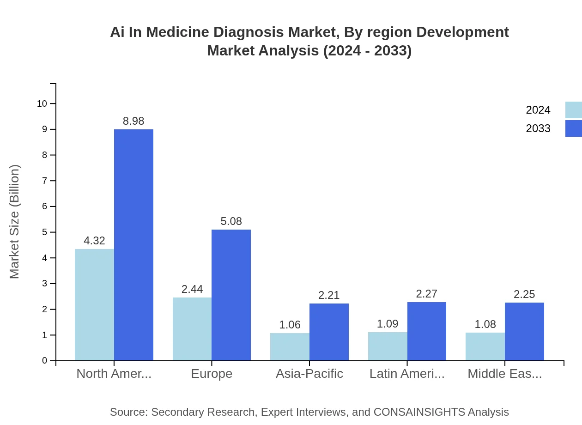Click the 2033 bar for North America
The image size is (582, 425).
pyautogui.click(x=133, y=245)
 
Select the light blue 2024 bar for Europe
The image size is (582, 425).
pyautogui.click(x=192, y=329)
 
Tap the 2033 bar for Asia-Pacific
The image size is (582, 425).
pyautogui.click(x=329, y=332)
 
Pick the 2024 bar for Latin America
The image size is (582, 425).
pyautogui.click(x=388, y=346)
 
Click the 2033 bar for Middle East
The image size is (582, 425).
pyautogui.click(x=524, y=331)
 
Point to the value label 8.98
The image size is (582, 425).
pyautogui.click(x=133, y=121)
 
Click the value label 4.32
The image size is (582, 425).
pyautogui.click(x=94, y=241)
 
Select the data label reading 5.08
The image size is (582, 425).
pyautogui.click(x=231, y=221)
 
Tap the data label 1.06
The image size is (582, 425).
pyautogui.click(x=290, y=325)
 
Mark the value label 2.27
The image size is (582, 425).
pyautogui.click(x=426, y=294)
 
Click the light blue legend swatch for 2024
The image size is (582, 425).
pyautogui.click(x=573, y=110)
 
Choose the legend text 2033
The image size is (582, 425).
pyautogui.click(x=538, y=128)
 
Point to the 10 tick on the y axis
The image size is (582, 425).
pyautogui.click(x=42, y=103)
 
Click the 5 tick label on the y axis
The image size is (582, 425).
pyautogui.click(x=45, y=232)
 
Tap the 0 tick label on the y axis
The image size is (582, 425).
pyautogui.click(x=45, y=360)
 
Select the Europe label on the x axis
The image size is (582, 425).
pyautogui.click(x=212, y=373)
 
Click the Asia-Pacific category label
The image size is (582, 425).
pyautogui.click(x=309, y=373)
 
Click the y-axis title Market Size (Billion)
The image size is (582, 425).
pyautogui.click(x=15, y=222)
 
